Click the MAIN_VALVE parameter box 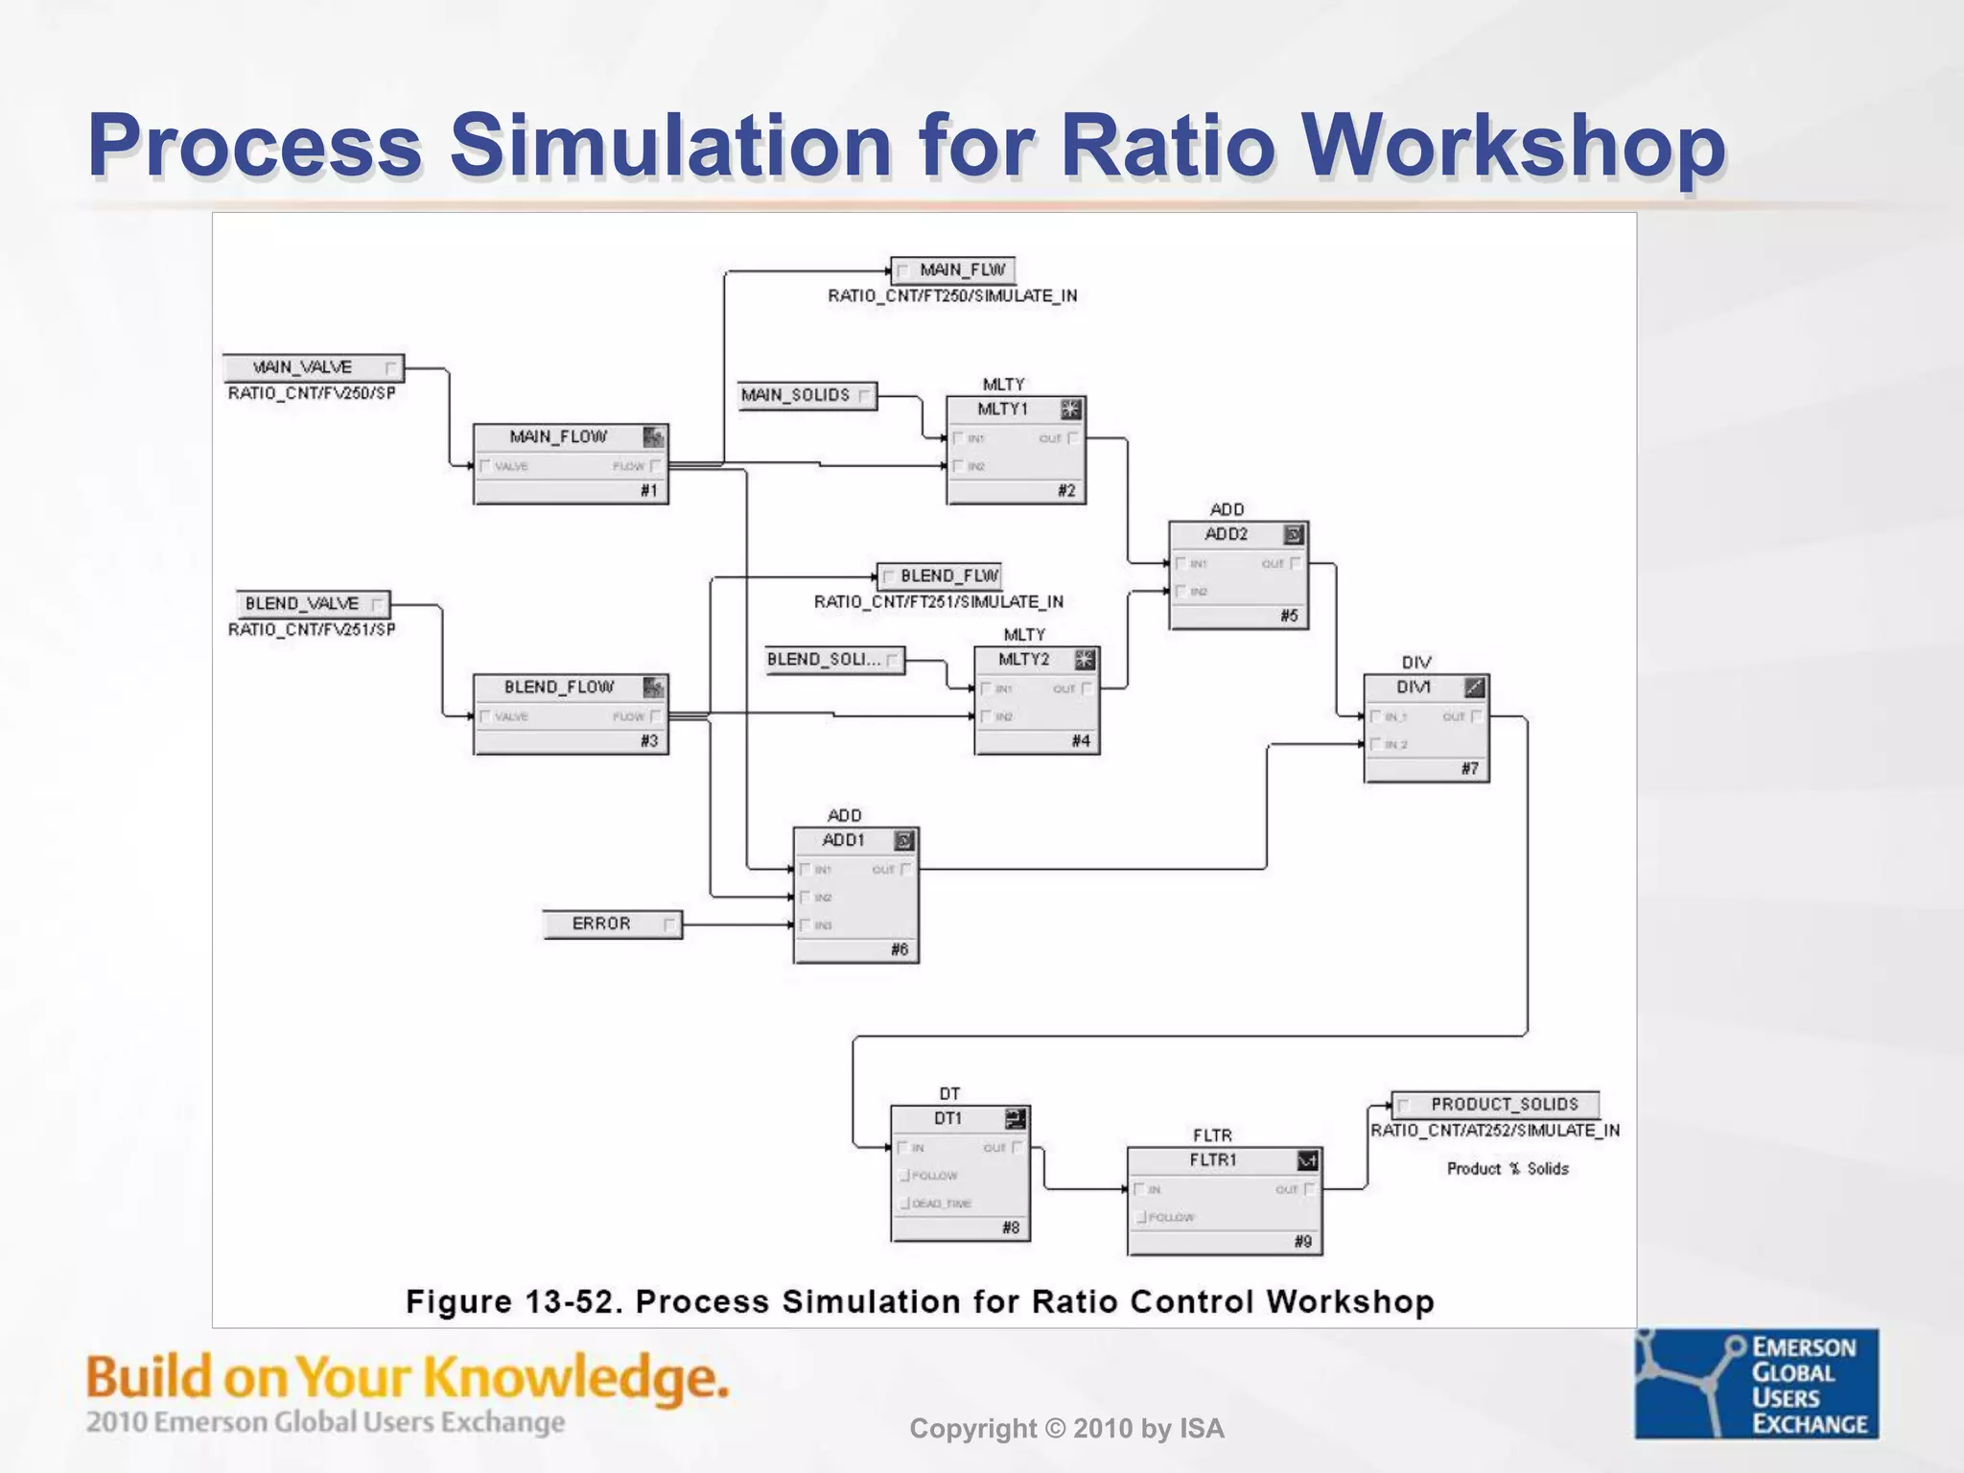pos(313,368)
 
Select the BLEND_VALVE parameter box pos(313,604)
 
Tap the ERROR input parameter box pos(612,924)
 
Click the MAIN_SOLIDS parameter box pos(807,395)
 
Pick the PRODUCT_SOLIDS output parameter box pos(1495,1105)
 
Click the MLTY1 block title pos(1002,409)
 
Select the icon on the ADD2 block pos(1294,535)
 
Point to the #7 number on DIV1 pos(1469,769)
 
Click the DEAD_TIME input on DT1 pos(940,1204)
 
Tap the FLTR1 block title pos(1213,1160)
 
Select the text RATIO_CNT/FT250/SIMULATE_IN pos(952,296)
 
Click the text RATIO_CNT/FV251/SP pos(312,630)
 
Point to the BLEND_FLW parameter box pos(940,576)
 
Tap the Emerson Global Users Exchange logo pos(1757,1383)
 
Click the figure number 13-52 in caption pos(573,1302)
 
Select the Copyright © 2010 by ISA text pos(1066,1429)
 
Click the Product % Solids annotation pos(1508,1169)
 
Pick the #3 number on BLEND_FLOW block pos(649,741)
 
